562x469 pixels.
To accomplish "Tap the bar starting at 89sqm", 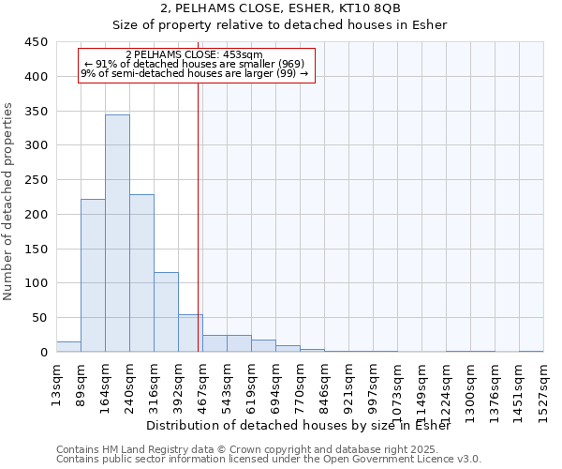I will [x=93, y=276].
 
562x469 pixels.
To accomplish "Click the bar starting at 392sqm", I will [x=190, y=333].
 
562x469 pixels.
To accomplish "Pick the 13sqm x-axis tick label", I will [x=57, y=385].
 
